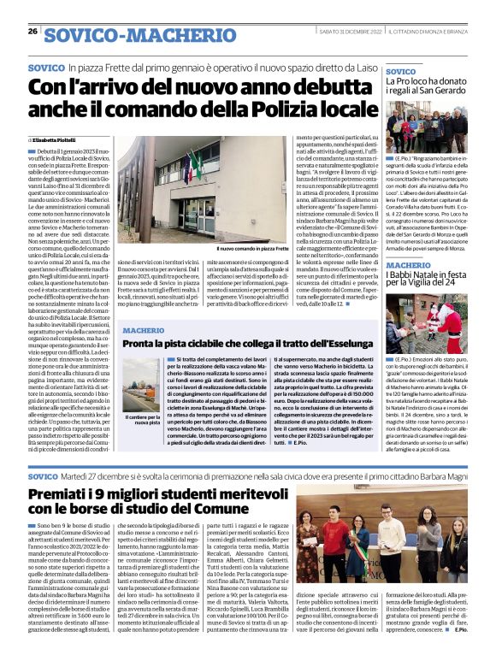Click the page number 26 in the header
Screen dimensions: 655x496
pos(32,32)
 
